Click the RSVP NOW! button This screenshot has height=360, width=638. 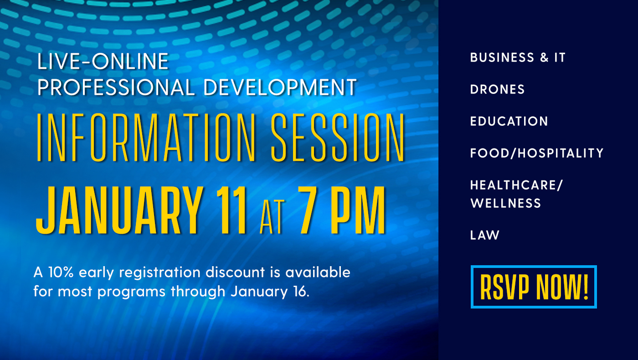point(534,287)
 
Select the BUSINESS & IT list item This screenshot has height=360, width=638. point(518,57)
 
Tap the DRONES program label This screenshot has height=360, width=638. point(497,89)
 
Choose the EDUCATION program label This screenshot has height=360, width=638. point(509,121)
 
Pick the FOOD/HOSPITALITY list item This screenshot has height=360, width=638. point(537,153)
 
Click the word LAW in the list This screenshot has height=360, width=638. point(485,235)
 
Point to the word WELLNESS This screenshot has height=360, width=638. point(505,203)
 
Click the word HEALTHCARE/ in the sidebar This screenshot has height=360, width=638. point(516,185)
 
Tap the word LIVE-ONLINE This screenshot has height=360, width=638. point(103,61)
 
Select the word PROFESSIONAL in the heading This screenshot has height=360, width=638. point(116,87)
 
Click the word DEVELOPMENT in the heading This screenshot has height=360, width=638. point(280,87)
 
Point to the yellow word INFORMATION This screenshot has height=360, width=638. point(146,138)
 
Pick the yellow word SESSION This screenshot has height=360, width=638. point(338,138)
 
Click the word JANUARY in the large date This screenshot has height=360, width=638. point(119,211)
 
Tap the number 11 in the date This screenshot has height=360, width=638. point(231,211)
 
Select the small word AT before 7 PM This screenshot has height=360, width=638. point(273,216)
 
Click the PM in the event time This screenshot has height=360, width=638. point(358,211)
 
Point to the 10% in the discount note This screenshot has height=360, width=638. point(61,273)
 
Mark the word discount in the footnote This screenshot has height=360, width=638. point(235,273)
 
